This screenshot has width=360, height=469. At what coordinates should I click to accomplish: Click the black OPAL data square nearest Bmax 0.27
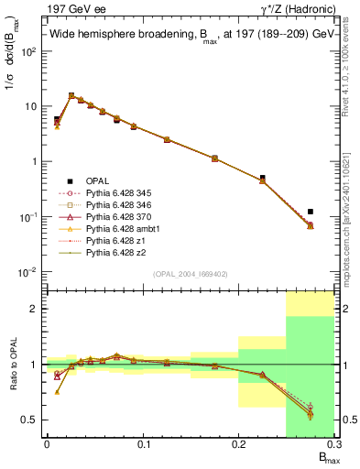[x=311, y=212]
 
